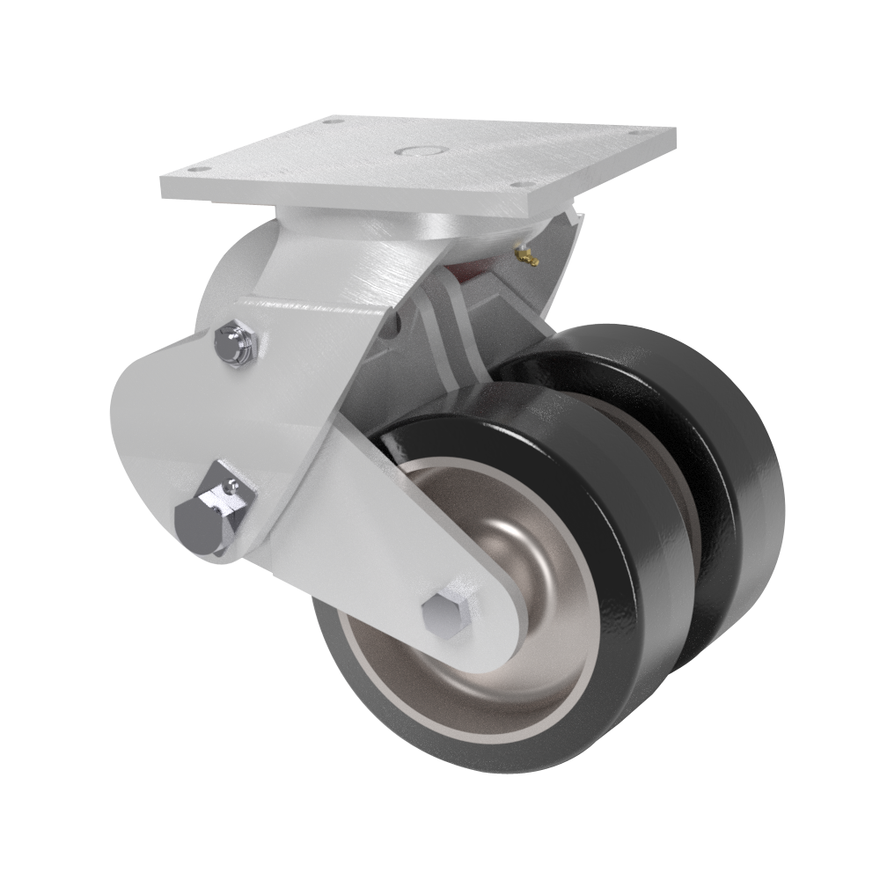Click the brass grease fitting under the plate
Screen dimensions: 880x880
[x=526, y=255]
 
